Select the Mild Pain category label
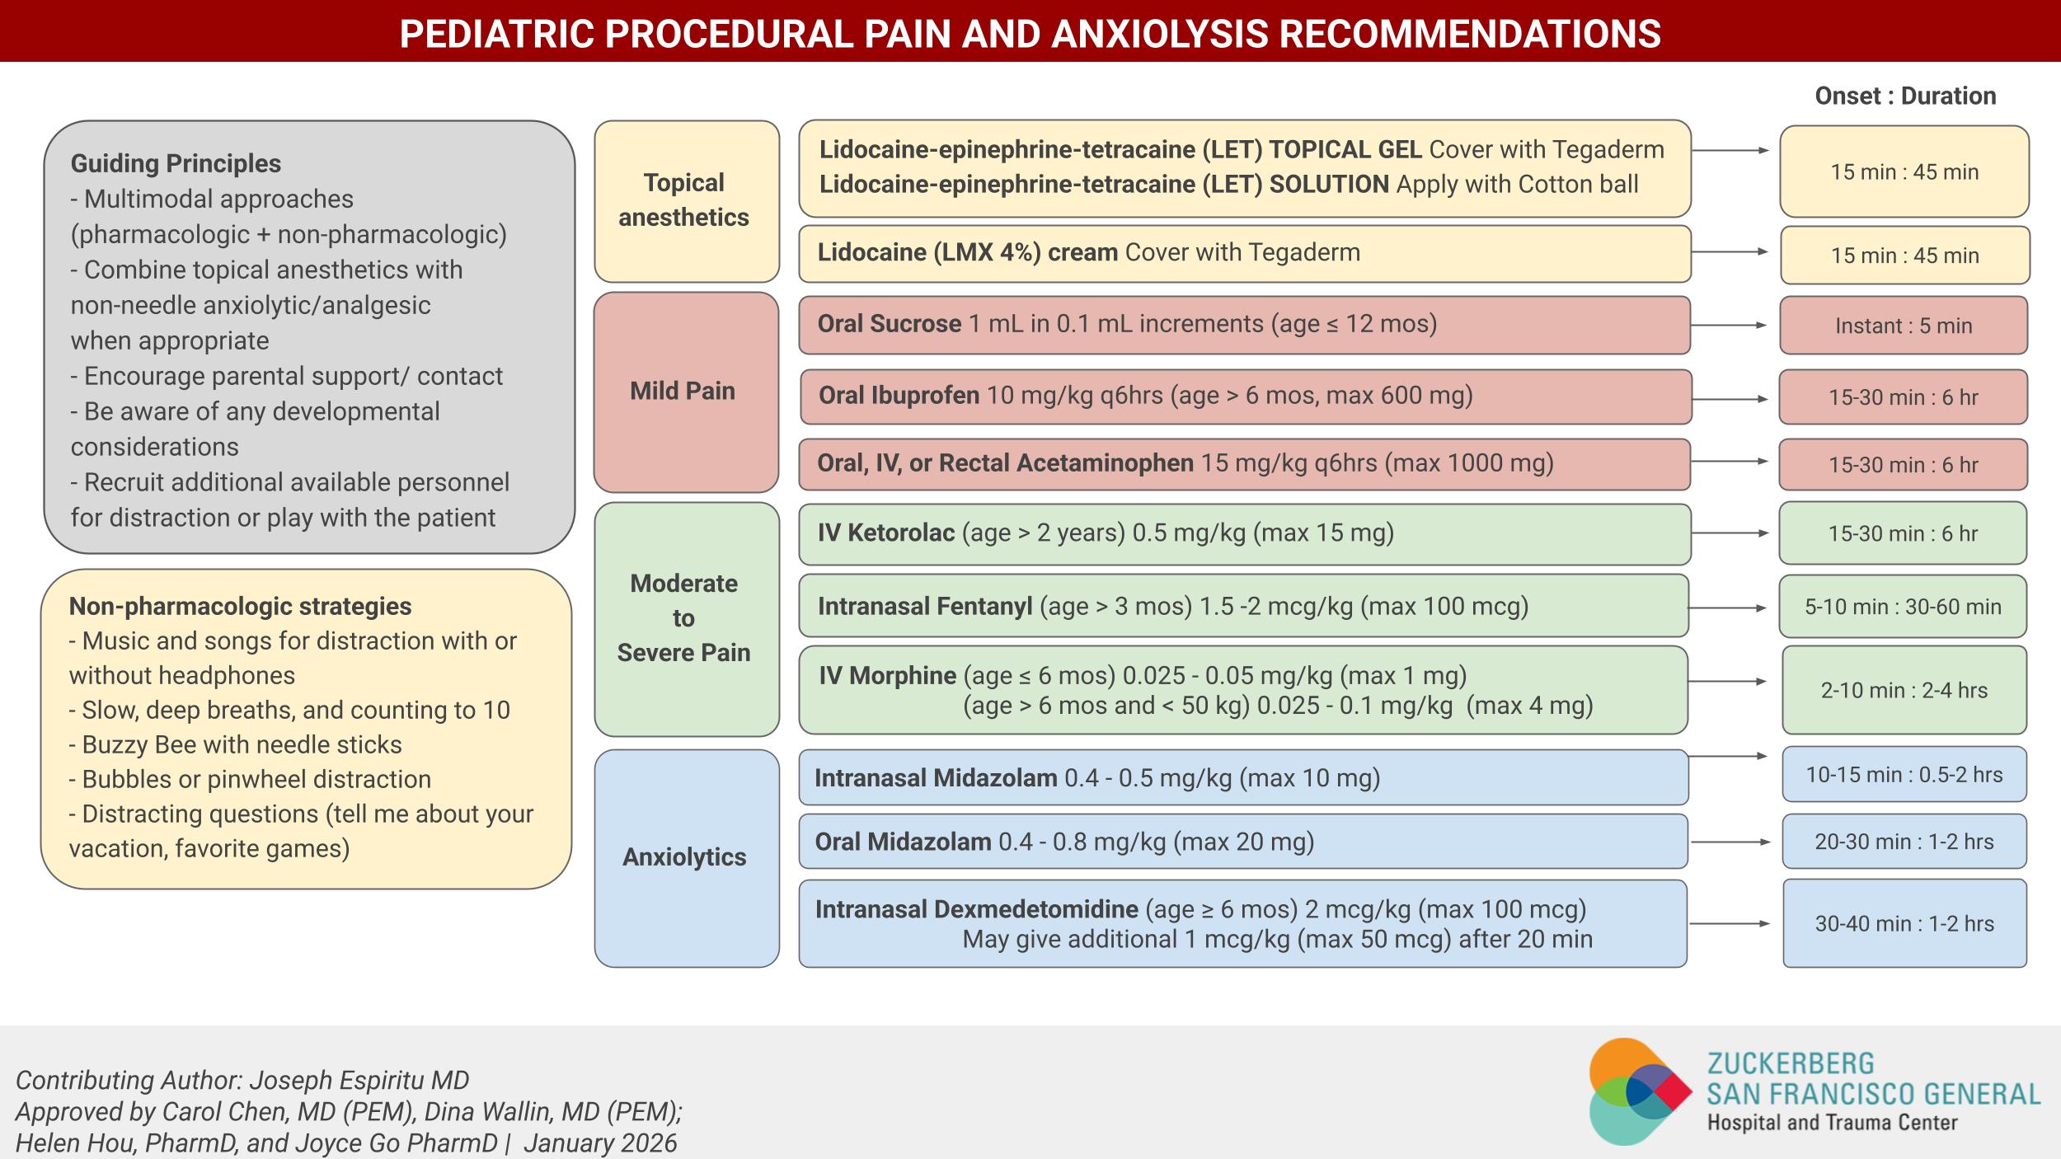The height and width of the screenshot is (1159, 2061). coord(683,391)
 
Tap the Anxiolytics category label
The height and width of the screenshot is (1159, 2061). coord(684,857)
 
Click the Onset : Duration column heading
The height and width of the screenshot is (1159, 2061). coord(1905,96)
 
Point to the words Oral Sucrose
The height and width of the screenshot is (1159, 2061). coord(889,324)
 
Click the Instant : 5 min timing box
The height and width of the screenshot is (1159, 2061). coord(1903,326)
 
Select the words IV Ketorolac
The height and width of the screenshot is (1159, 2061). coord(885,533)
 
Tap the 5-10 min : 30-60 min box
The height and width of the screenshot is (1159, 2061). coord(1903,607)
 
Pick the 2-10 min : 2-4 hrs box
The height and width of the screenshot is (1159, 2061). coord(1904,690)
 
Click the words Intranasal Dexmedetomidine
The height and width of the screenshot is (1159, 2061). coord(976,909)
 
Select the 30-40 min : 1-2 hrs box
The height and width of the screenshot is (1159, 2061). coord(1904,923)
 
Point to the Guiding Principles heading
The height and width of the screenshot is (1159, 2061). coord(176,163)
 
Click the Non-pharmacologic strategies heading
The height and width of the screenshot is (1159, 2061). coord(240,606)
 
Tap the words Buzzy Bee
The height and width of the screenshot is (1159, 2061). coord(138,744)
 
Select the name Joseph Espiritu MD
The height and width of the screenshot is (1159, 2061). coord(359,1080)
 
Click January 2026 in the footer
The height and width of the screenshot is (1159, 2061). coord(599,1143)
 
